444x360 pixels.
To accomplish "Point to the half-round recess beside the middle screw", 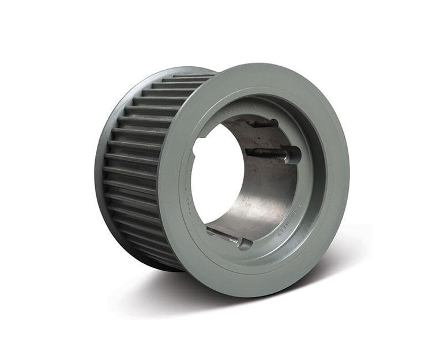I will [x=292, y=155].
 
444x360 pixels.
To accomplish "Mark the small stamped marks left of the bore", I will [x=186, y=190].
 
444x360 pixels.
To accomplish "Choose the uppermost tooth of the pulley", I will [x=190, y=76].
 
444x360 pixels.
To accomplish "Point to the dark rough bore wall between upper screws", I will [x=254, y=138].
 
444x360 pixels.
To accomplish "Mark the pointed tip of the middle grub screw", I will [x=247, y=151].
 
